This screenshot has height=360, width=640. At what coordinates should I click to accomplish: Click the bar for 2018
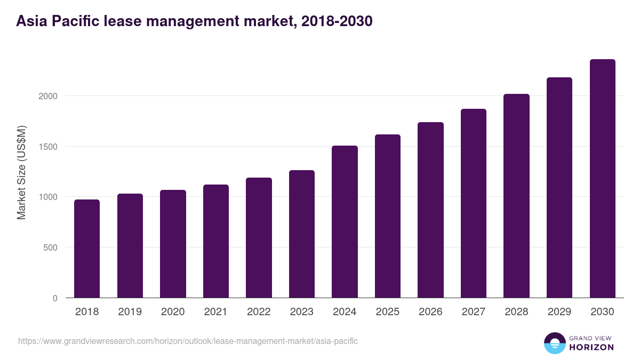tap(87, 249)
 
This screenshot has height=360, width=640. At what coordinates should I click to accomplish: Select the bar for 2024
tap(345, 221)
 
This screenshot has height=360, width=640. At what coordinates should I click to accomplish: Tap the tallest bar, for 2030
tap(602, 178)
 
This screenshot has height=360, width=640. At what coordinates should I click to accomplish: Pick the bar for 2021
tap(216, 241)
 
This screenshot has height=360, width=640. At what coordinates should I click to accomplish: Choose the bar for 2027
tap(474, 203)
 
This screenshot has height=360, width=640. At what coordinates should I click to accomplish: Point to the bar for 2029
tap(559, 187)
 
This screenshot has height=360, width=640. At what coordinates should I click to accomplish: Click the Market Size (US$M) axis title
tap(21, 172)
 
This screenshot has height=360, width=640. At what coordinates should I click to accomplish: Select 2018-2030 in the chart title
tap(337, 21)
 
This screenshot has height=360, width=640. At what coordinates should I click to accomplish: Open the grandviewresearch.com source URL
tap(188, 341)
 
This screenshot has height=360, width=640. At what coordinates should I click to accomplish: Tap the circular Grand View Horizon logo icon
tap(554, 343)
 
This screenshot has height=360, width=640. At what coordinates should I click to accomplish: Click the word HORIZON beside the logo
tap(591, 347)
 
